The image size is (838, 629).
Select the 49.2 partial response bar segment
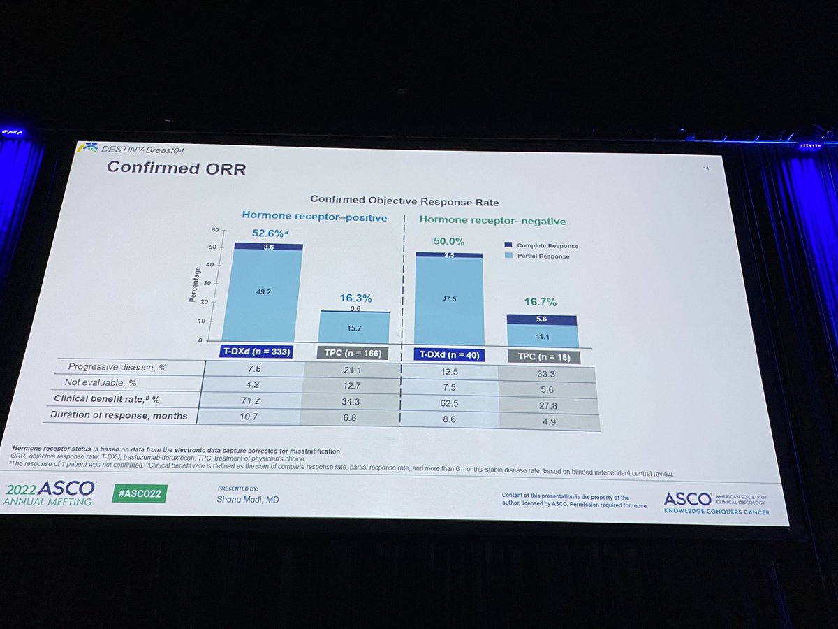(x=263, y=294)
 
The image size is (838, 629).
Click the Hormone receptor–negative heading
(x=492, y=221)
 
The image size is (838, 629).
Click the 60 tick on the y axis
(x=215, y=230)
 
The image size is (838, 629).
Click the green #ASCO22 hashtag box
(x=140, y=492)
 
